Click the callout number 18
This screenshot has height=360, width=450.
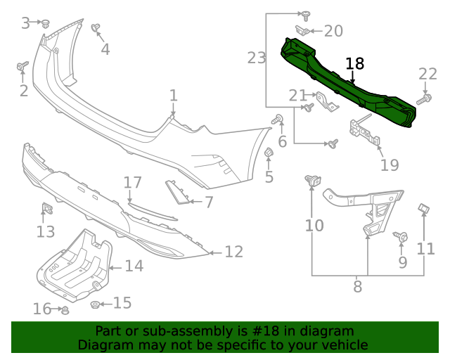click(355, 63)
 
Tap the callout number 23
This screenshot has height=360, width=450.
click(256, 58)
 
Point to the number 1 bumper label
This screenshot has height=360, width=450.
click(173, 95)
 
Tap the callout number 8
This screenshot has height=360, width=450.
click(357, 286)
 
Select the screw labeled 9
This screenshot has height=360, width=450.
click(401, 238)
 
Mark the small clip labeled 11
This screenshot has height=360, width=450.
click(424, 209)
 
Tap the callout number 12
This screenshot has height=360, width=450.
click(233, 251)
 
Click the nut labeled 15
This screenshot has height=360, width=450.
click(95, 304)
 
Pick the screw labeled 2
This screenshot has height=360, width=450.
click(21, 67)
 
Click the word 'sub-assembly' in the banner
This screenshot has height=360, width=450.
click(163, 331)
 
